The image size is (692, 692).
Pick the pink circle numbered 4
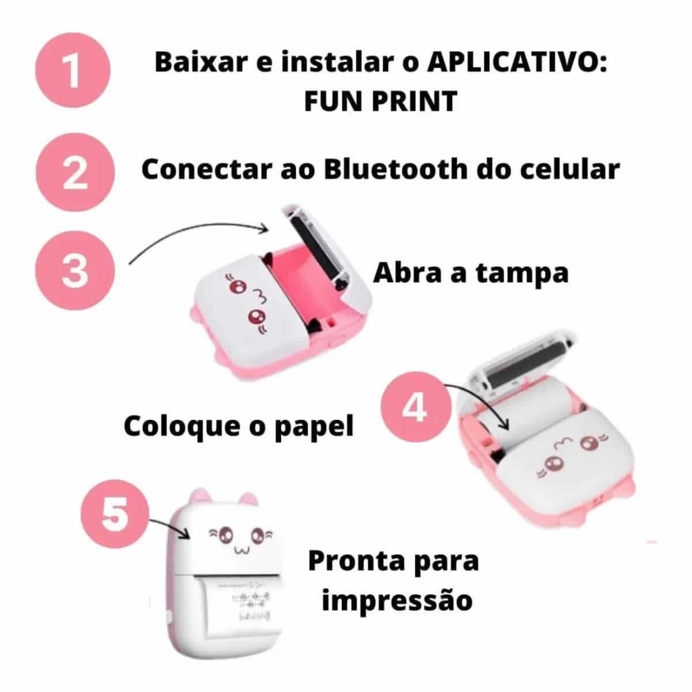tap(414, 408)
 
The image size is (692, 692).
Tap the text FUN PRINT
tap(380, 101)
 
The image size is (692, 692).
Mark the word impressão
tap(397, 600)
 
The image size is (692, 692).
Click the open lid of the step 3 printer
tap(323, 242)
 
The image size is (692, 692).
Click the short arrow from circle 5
tap(170, 528)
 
